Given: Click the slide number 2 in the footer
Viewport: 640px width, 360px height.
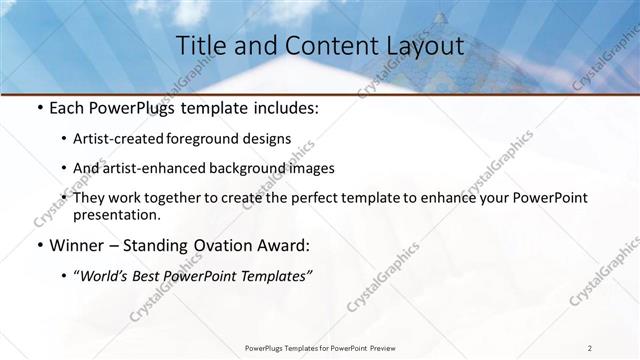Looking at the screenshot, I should (590, 347).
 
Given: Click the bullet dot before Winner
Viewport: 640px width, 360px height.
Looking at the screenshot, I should (37, 246).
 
